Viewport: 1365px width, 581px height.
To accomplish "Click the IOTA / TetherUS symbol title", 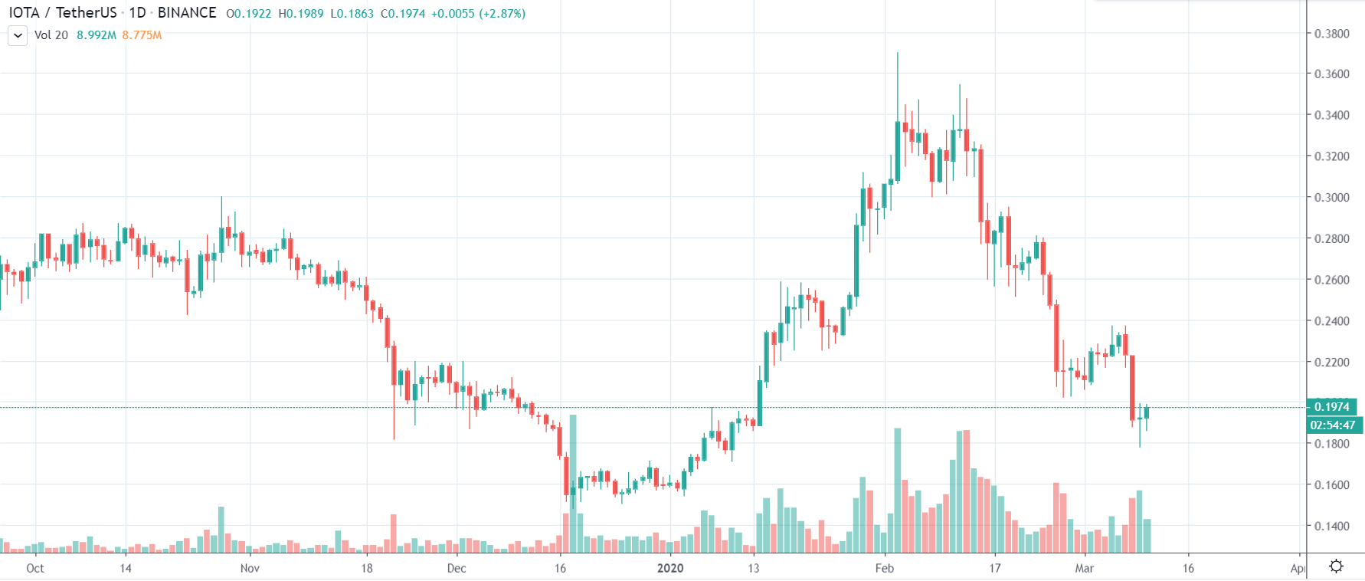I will point(63,13).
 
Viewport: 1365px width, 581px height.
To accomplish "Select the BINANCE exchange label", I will point(187,13).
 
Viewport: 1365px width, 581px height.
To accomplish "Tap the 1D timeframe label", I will point(137,13).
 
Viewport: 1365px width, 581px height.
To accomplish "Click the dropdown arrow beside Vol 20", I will point(18,35).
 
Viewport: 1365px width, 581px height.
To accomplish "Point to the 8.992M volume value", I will point(97,35).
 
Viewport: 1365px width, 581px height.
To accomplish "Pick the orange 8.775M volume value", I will point(142,35).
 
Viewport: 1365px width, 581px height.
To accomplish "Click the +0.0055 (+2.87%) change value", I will point(478,14).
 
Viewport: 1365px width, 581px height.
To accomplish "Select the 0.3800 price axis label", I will point(1331,34).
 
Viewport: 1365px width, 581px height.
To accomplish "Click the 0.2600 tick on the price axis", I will point(1331,280).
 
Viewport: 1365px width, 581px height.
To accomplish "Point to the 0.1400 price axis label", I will point(1331,526).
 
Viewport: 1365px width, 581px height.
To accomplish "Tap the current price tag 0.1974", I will point(1331,407).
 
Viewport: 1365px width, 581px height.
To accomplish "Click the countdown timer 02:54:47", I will point(1332,425).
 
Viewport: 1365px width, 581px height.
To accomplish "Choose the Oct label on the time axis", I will point(35,568).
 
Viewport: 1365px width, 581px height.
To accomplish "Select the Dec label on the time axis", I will point(457,568).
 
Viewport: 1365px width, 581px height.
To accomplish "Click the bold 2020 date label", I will point(670,568).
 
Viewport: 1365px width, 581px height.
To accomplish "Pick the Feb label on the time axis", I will point(885,568).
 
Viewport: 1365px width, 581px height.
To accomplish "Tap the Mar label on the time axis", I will point(1084,568).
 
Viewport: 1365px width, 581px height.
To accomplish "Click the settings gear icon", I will point(1336,566).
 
